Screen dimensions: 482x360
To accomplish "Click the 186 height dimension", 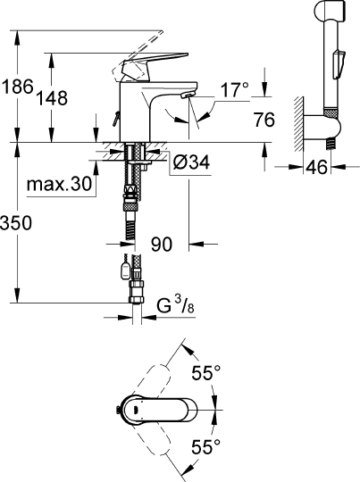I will (17, 87).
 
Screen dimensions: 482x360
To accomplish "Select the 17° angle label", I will (233, 89).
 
